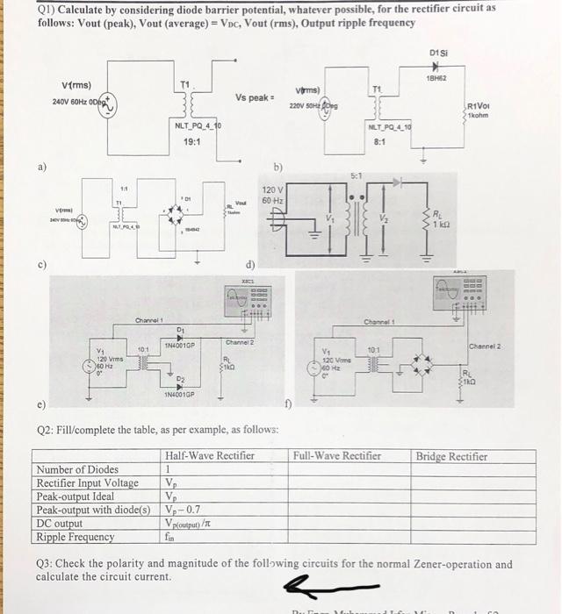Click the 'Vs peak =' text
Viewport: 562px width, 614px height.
tap(256, 96)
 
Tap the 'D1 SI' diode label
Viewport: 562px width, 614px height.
tap(440, 54)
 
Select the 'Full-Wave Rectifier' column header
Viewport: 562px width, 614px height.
tap(338, 455)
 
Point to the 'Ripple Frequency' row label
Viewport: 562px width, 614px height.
tap(76, 537)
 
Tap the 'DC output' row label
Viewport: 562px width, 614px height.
tap(60, 524)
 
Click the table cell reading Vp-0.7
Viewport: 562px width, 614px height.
tap(182, 510)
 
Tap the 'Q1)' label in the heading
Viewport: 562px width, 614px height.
tap(50, 8)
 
